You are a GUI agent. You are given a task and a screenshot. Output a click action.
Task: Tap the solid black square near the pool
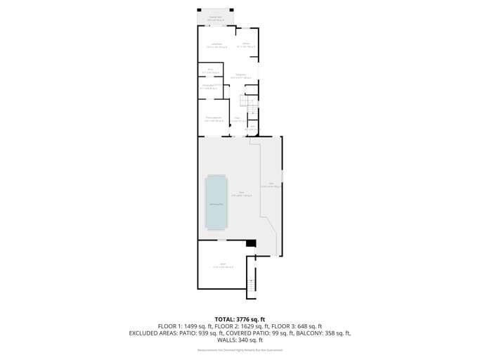[x=249, y=244]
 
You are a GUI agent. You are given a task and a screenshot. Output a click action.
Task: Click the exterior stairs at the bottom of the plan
[x=249, y=284]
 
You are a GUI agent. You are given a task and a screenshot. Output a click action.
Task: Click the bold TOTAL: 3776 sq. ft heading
[x=240, y=319]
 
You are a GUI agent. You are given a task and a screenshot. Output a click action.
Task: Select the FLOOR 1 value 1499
[x=187, y=326]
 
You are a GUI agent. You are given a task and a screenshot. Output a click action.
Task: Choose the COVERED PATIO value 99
[x=285, y=333]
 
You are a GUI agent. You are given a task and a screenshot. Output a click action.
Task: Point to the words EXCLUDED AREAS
[x=152, y=333]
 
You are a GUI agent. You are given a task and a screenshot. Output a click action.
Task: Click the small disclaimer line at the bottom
[x=240, y=349]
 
